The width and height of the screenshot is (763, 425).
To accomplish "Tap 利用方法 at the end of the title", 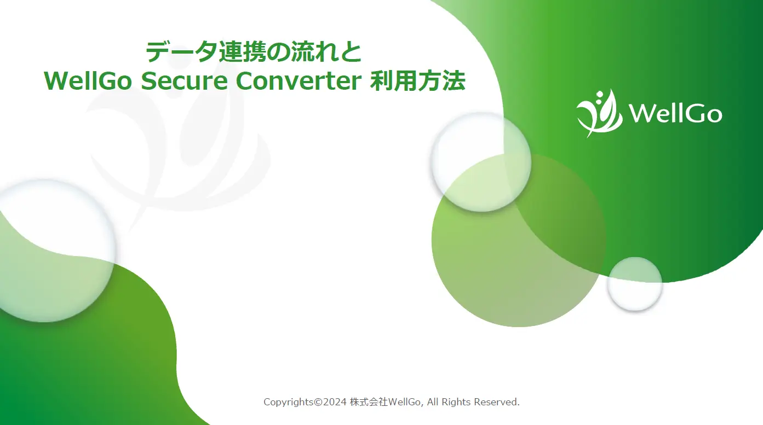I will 418,81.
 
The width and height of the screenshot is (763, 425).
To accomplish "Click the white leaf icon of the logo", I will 599,113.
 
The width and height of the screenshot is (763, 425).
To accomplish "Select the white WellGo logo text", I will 675,114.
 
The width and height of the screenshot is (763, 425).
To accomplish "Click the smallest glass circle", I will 635,284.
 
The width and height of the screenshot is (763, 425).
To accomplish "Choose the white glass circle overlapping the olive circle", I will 481,161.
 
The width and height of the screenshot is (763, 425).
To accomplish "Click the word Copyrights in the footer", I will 289,402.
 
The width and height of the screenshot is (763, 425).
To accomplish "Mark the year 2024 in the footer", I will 334,402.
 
